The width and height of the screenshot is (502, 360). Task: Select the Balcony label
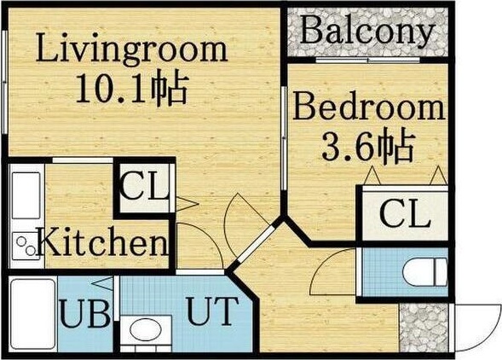click(367, 32)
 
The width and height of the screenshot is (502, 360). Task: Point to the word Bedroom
click(369, 108)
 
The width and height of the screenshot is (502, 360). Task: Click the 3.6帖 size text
click(368, 148)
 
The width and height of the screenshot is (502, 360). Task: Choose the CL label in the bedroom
click(404, 214)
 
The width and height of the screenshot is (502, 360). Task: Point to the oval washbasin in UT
click(142, 332)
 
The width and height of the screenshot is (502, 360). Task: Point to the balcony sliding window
click(366, 61)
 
